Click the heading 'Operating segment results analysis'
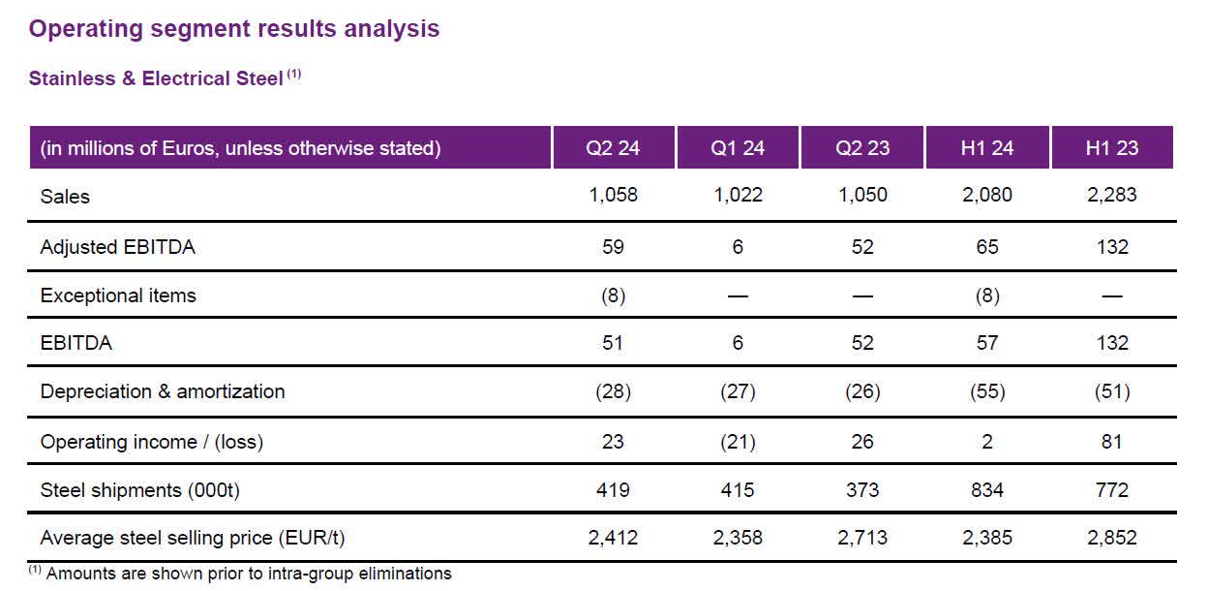(234, 29)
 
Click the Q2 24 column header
(613, 148)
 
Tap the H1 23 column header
(1112, 148)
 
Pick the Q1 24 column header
(738, 148)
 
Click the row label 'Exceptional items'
(118, 295)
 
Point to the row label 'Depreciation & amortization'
(163, 391)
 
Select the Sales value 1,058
(613, 195)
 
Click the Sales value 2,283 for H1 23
(1112, 195)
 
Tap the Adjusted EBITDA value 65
(987, 247)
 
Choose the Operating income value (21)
(738, 442)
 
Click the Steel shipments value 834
(987, 490)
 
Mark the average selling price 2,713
(862, 537)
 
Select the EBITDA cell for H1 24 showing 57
(987, 343)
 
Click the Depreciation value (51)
(1112, 391)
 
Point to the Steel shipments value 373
(862, 490)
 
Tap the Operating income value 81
(1112, 442)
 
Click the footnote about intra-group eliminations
(242, 574)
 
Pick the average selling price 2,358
(738, 537)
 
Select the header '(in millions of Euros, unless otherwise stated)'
(240, 148)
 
